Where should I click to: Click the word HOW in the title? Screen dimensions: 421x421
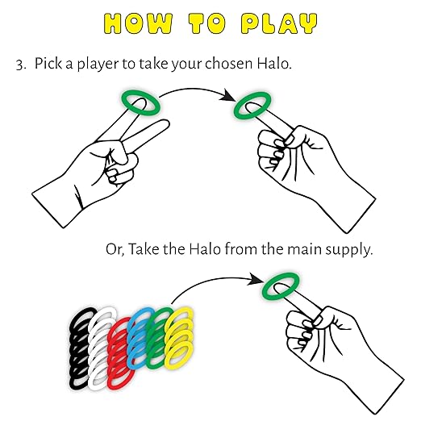(138, 23)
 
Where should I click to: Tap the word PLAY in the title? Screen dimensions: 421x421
(279, 23)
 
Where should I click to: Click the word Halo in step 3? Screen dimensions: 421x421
(274, 64)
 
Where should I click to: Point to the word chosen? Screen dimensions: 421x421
(228, 64)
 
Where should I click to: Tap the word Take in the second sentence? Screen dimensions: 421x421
(144, 248)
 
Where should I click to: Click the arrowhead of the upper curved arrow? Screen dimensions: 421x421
(228, 96)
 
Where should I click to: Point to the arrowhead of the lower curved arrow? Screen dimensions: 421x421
(256, 280)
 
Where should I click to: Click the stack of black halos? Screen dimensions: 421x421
(76, 349)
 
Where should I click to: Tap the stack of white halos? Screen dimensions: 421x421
(94, 349)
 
